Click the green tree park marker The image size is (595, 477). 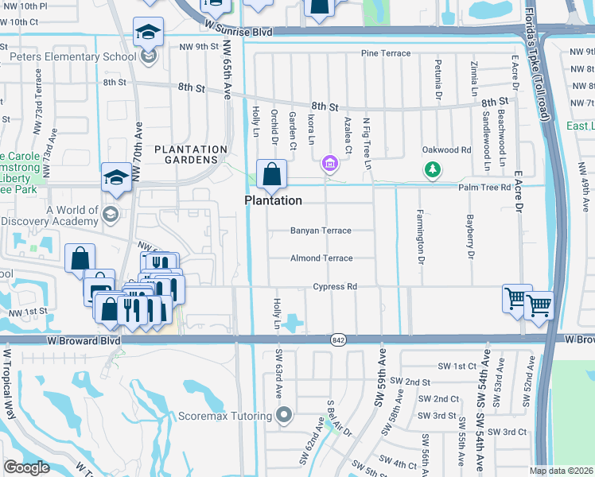(432, 169)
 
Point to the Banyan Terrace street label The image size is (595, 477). (321, 231)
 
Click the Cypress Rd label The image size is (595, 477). (334, 286)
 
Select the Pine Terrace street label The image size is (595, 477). (386, 53)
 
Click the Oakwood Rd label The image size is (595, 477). (446, 149)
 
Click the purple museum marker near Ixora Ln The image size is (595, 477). (329, 165)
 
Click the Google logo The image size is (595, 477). (27, 467)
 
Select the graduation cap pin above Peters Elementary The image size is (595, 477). (147, 33)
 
